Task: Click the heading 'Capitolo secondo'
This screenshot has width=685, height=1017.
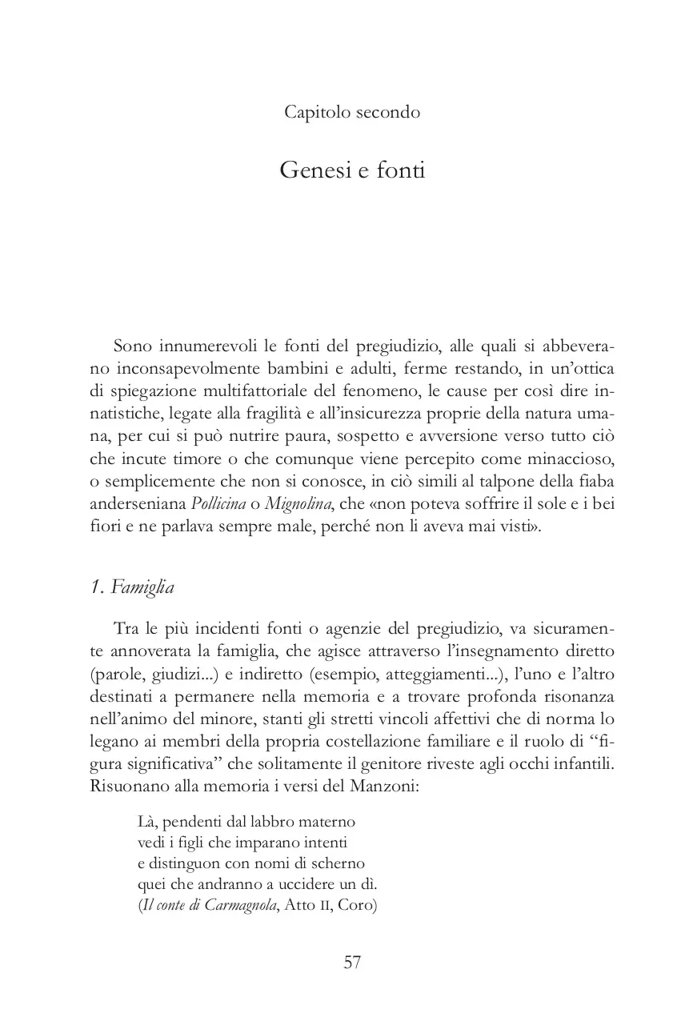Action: (x=352, y=112)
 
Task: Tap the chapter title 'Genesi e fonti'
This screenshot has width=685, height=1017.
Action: (x=352, y=170)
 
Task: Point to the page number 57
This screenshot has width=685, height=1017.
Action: (x=352, y=962)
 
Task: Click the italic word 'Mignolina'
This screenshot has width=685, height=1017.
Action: (x=298, y=506)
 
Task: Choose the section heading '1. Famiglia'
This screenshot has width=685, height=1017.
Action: (x=132, y=587)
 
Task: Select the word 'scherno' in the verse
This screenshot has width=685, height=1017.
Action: (x=338, y=864)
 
